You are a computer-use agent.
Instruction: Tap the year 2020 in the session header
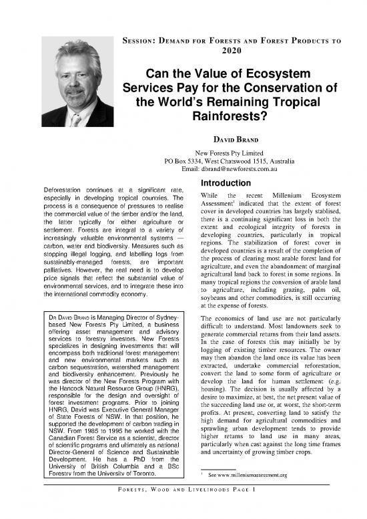point(237,50)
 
